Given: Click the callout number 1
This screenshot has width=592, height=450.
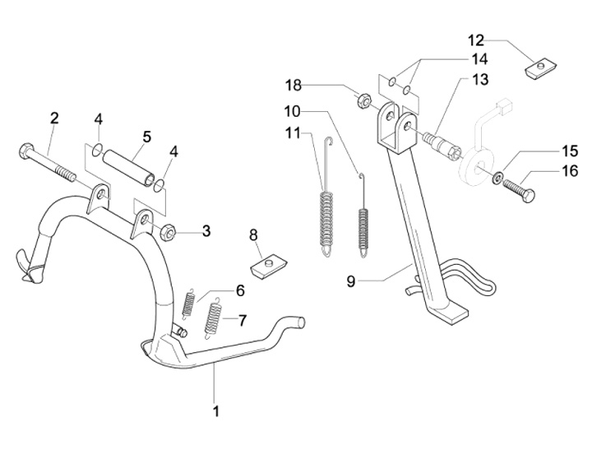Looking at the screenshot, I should pos(216,410).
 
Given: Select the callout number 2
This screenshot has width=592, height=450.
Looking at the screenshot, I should pos(54,118).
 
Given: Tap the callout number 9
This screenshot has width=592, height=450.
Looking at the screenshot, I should pos(351,281).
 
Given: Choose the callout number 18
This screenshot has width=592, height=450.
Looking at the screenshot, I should pos(294,86).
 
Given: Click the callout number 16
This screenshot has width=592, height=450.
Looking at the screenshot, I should pos(547,172).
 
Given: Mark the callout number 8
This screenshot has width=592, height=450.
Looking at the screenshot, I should pos(254,236).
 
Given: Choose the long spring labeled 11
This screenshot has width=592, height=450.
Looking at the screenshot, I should pos(327,214).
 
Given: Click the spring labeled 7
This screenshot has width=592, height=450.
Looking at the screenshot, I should pos(215,318).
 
